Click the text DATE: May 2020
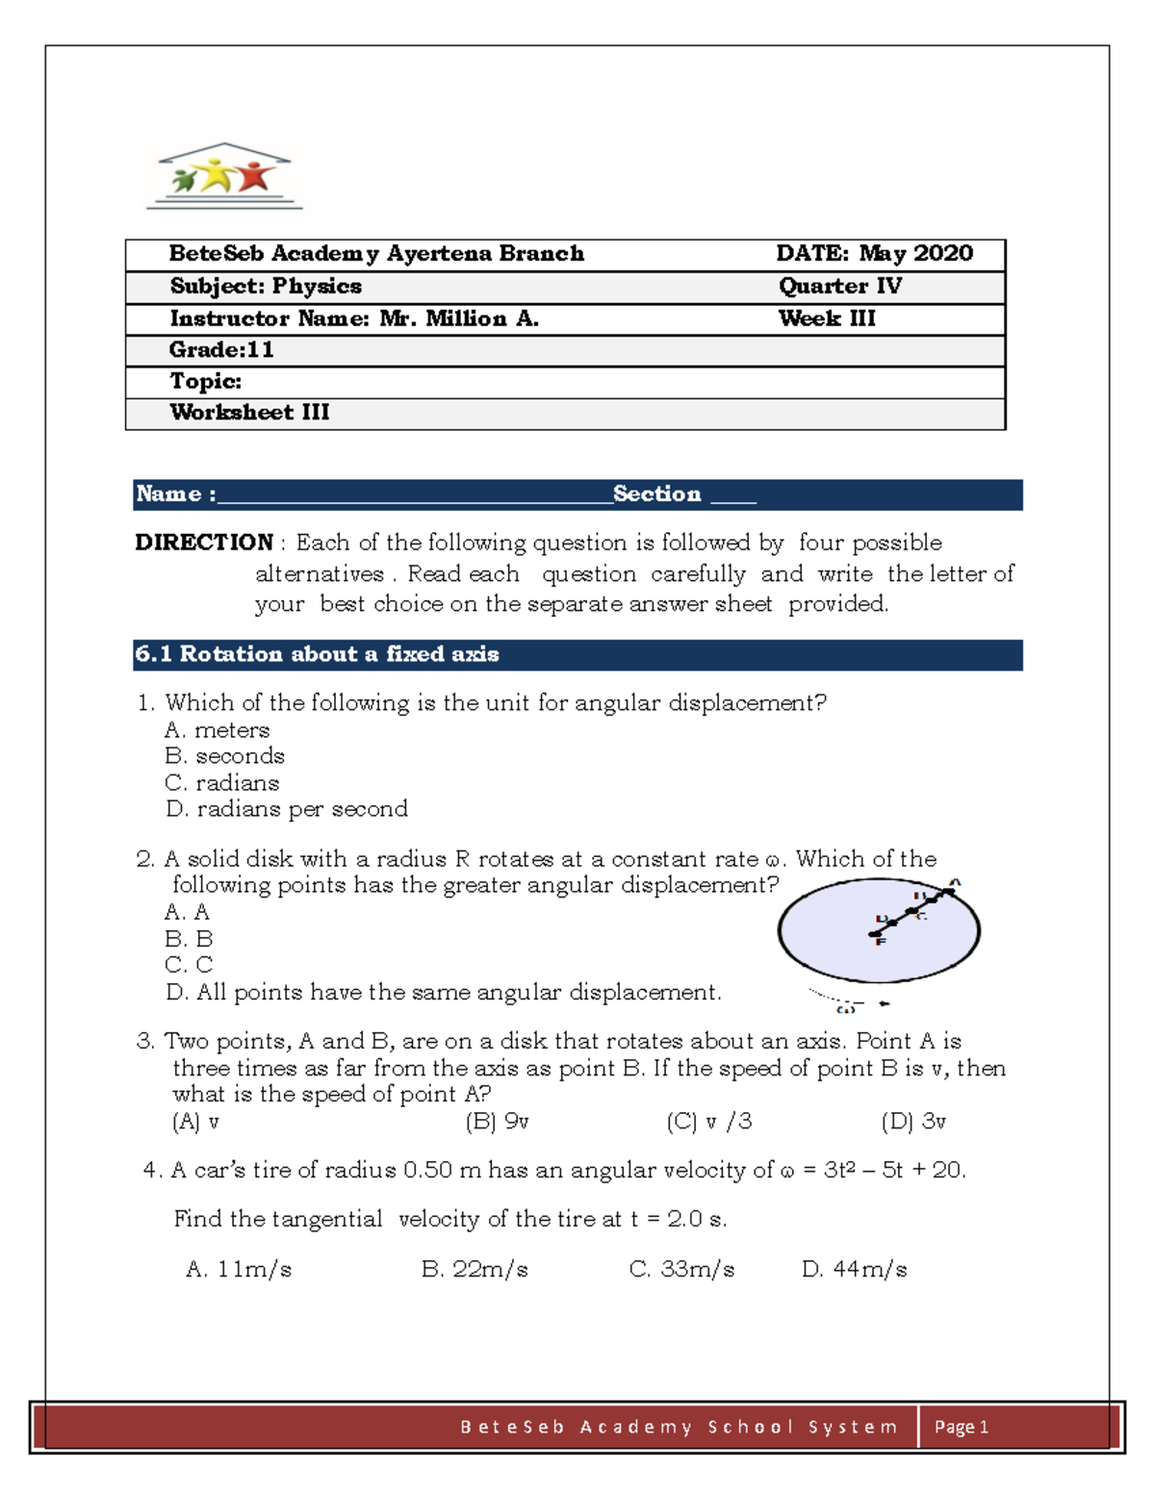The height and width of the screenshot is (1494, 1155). pos(874,254)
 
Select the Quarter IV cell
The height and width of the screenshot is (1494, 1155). pos(839,287)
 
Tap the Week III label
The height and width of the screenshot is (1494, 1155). pos(827,318)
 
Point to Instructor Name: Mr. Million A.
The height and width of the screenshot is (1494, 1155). pos(353,318)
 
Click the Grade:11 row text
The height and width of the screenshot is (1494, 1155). pos(221,350)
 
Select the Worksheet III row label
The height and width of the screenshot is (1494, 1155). pos(249,413)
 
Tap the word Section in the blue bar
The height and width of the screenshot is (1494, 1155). pos(656,494)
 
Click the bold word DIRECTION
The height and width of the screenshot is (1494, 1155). pos(204,543)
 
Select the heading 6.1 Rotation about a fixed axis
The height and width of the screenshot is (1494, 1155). pos(317,655)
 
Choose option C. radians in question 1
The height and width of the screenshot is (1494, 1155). pos(222,783)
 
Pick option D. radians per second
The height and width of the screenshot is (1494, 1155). pos(287,809)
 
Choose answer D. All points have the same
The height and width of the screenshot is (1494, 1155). pos(443,993)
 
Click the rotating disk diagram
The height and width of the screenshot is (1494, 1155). pos(879,931)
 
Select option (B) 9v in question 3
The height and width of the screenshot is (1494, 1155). pos(497,1122)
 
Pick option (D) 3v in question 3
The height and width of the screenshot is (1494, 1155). pos(913,1122)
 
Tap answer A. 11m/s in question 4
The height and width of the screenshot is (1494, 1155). pos(239,1270)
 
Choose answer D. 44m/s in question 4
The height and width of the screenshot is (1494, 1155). pos(854,1270)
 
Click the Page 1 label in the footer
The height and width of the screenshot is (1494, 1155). pos(961,1427)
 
